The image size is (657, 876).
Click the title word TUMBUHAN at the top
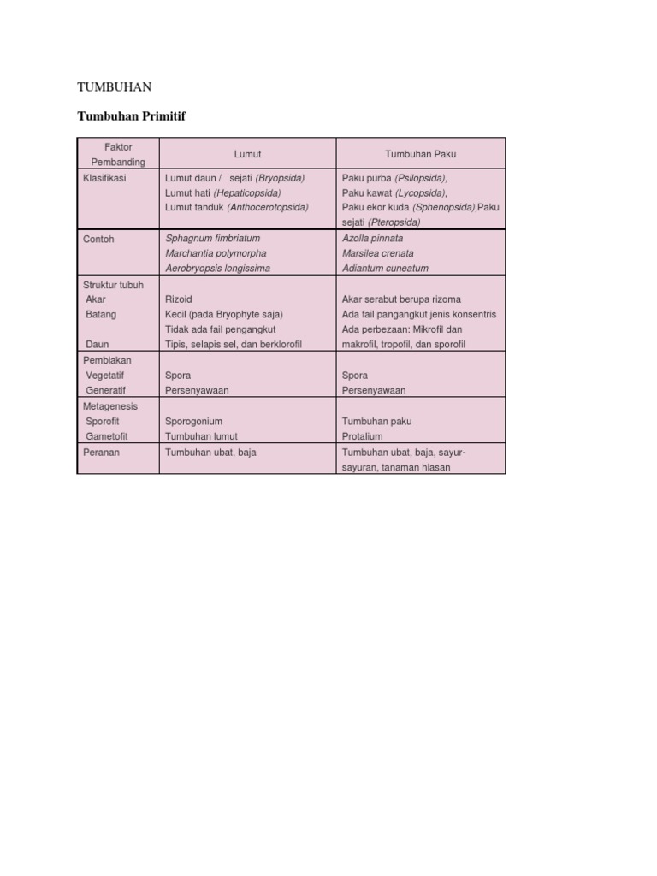point(115,87)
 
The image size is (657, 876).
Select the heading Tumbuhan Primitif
point(131,116)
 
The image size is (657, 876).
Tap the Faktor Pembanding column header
point(118,154)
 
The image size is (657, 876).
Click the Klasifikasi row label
point(104,178)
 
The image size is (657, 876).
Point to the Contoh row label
point(98,239)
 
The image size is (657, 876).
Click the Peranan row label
point(101,452)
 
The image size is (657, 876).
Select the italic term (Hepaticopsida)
point(247,192)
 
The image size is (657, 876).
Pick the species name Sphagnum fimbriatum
point(212,239)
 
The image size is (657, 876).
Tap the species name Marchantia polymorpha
point(216,253)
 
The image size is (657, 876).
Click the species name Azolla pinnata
point(372,239)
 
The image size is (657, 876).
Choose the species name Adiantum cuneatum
point(385,268)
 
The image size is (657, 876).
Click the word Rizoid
point(179,299)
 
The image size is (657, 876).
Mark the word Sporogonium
point(193,422)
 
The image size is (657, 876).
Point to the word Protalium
point(363,436)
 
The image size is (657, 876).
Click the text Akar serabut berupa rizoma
point(401,299)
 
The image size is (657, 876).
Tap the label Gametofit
point(107,436)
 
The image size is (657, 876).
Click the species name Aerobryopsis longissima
point(217,268)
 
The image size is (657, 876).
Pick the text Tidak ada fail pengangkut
point(220,329)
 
